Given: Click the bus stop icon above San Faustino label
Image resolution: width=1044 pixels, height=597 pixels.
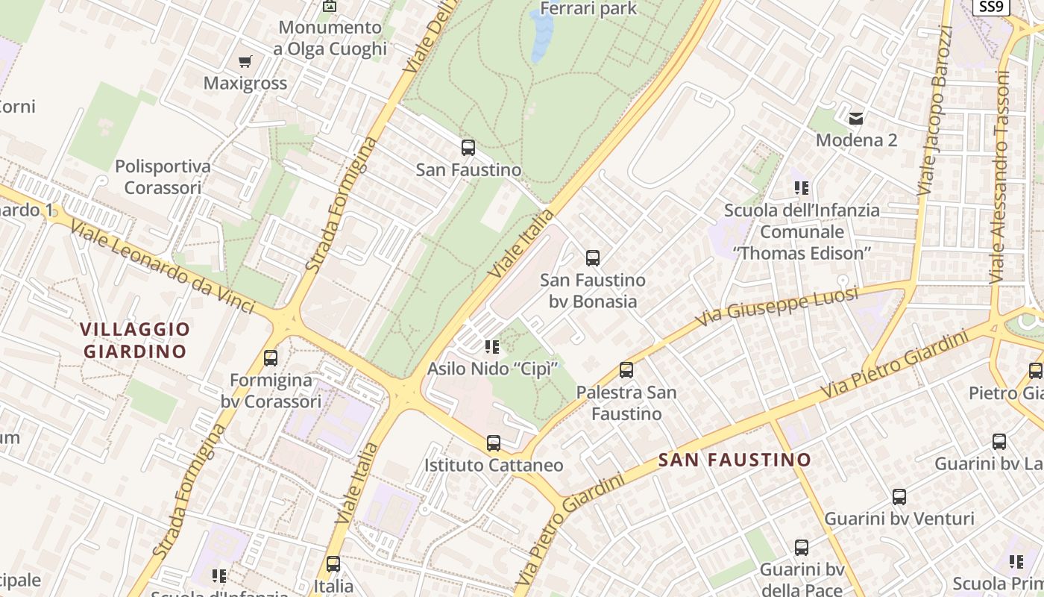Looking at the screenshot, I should (468, 148).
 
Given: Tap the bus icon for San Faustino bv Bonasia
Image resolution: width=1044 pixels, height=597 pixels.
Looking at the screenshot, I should (593, 258).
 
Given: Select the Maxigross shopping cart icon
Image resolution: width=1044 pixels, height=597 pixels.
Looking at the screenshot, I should (245, 61).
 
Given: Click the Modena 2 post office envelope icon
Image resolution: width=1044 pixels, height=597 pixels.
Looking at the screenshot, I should (856, 118).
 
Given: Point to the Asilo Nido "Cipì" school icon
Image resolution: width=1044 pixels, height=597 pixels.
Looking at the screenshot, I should (492, 346).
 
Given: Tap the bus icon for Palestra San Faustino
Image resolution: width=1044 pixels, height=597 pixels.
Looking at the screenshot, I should (626, 369).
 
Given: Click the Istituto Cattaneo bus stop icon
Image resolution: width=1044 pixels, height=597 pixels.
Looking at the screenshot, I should (494, 443).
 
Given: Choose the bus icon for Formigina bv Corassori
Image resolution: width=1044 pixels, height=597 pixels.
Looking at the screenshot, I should (271, 358).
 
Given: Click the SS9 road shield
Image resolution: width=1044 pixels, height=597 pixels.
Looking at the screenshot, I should (991, 7).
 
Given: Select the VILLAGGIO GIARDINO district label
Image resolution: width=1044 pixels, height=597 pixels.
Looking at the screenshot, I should (135, 340).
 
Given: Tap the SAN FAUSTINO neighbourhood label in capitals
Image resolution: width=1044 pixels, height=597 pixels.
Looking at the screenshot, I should (735, 460).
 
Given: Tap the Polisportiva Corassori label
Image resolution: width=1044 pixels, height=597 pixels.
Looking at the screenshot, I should (163, 177).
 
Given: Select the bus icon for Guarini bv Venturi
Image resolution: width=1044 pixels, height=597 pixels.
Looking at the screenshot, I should (899, 497).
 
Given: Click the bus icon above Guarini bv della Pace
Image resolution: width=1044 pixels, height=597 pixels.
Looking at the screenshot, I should (802, 548).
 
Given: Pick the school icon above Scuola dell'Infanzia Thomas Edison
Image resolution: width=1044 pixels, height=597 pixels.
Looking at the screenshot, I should (802, 188).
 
